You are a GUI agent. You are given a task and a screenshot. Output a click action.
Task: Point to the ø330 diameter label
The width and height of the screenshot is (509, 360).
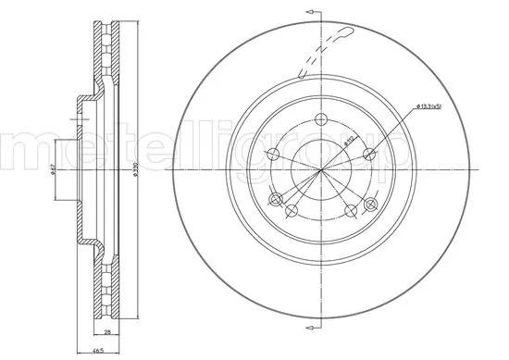135,170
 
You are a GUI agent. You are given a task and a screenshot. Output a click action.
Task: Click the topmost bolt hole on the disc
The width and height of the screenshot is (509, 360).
321,118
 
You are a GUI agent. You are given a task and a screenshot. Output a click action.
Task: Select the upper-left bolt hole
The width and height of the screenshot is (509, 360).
273,154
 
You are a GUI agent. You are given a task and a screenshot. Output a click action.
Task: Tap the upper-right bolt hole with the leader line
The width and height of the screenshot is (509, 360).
369,154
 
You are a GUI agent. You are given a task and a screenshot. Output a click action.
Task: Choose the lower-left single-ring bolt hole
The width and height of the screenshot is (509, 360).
292,211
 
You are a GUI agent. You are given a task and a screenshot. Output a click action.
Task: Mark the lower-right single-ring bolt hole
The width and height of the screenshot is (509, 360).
351,211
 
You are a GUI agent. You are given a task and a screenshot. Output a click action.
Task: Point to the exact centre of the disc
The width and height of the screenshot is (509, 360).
321,170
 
